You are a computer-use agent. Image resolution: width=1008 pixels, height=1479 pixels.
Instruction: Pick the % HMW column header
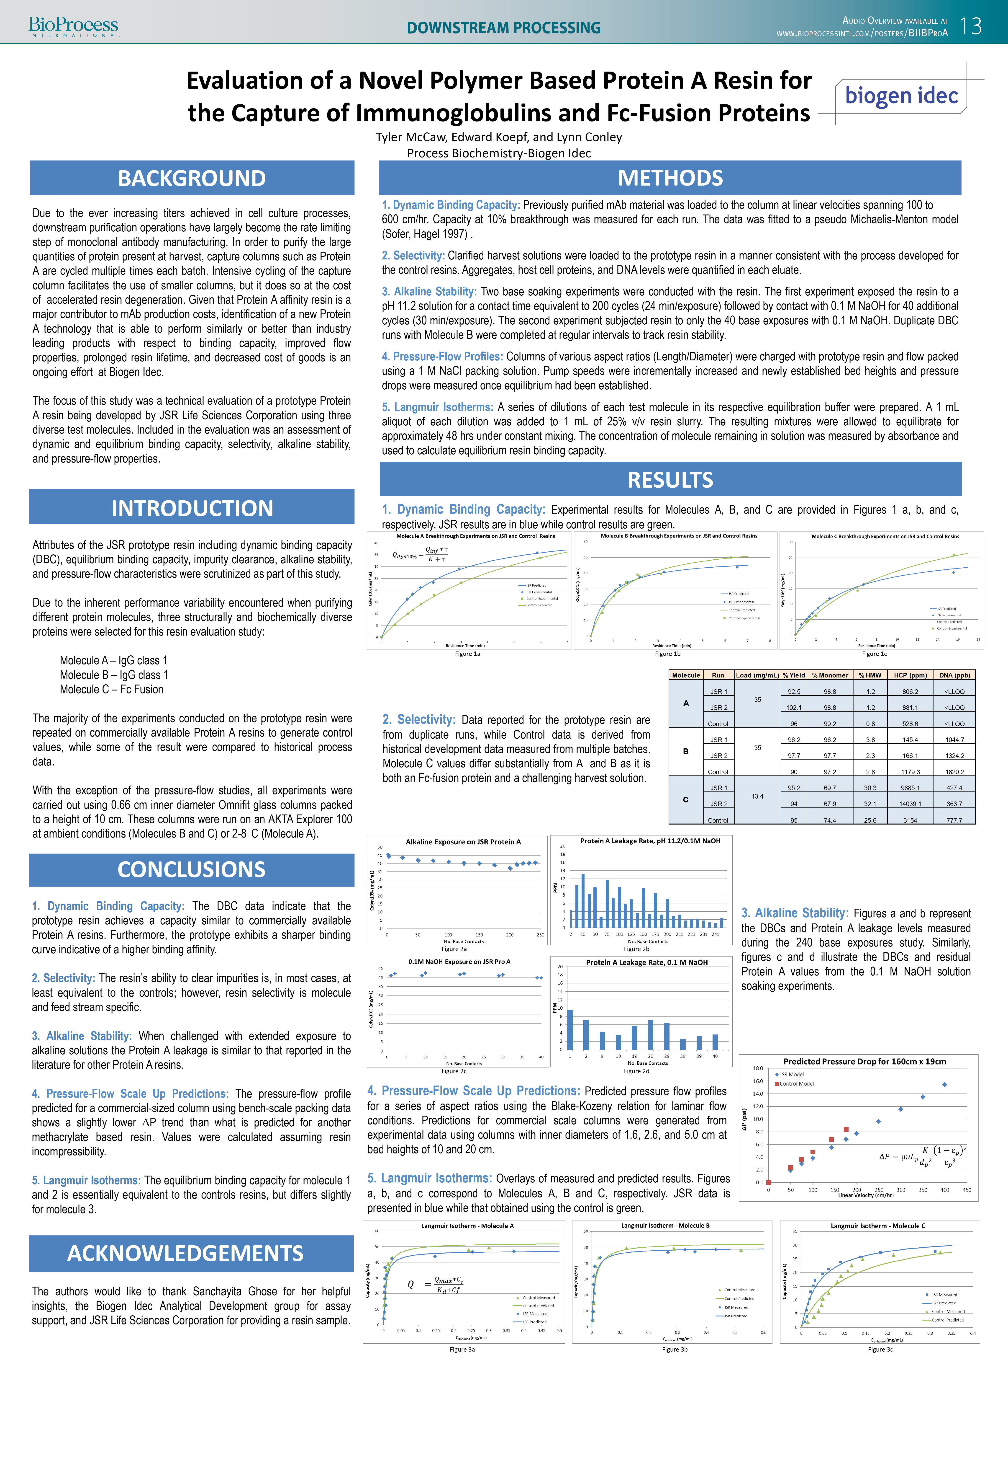869,675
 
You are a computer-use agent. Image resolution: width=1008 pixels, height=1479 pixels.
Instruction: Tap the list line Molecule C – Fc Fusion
111,689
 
